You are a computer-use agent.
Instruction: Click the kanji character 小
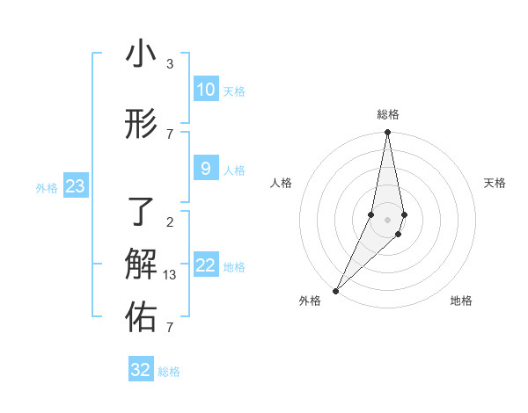[x=141, y=54]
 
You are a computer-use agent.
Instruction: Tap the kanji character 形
[x=141, y=125]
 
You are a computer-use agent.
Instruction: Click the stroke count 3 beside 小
[x=170, y=64]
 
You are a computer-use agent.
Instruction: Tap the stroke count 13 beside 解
[x=171, y=275]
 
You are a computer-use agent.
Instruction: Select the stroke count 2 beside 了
[x=170, y=221]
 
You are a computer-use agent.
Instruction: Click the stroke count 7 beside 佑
[x=170, y=328]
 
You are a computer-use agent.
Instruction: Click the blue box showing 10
[x=205, y=90]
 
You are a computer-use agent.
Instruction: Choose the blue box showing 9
[x=205, y=169]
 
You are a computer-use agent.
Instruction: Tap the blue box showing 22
[x=205, y=265]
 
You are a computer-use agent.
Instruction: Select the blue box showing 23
[x=75, y=186]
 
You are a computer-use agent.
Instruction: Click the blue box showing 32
[x=141, y=369]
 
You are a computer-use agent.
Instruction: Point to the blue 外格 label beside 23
[x=47, y=187]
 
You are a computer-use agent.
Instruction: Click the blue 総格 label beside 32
[x=169, y=372]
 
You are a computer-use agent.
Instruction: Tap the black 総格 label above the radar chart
[x=387, y=114]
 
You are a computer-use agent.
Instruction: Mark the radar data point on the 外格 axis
[x=335, y=290]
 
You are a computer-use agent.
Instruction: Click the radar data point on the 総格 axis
[x=387, y=132]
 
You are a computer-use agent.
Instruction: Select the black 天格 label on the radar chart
[x=495, y=183]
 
